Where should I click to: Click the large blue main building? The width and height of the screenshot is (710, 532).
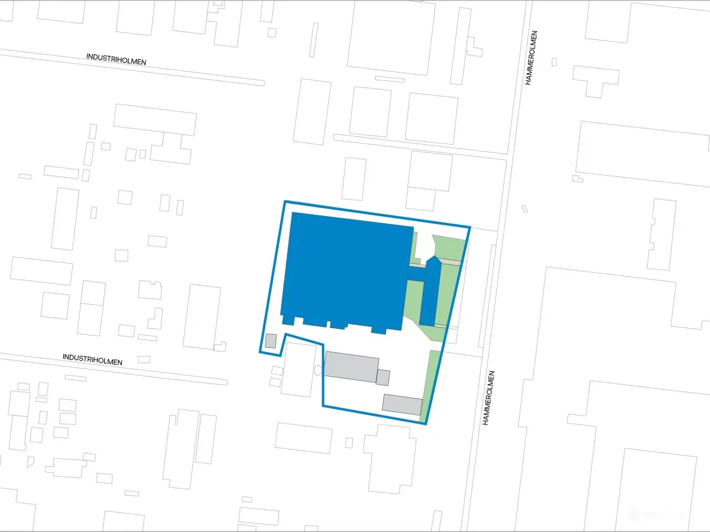344,272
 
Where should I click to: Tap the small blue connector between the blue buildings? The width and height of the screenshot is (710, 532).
416,274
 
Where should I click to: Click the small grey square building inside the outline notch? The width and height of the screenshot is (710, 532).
271,341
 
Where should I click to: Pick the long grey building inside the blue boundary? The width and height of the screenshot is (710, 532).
352,366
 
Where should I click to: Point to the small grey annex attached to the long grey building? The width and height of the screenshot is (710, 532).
383,377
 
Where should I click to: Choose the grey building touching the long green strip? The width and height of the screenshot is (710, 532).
402,404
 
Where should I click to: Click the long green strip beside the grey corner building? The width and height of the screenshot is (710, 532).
430,385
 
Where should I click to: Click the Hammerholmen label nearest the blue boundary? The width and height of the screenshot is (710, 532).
488,398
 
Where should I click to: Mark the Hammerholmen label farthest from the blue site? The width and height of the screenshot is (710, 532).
531,58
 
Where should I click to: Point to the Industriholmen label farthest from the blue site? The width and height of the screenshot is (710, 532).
116,59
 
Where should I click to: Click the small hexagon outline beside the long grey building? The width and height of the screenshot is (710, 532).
318,370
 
